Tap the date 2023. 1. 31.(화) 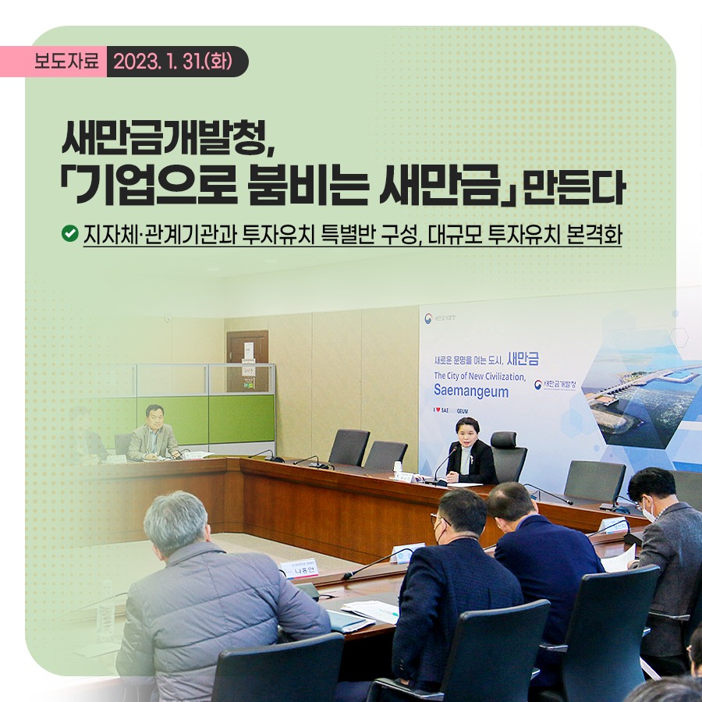pos(176,62)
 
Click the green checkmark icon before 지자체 pos(69,232)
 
